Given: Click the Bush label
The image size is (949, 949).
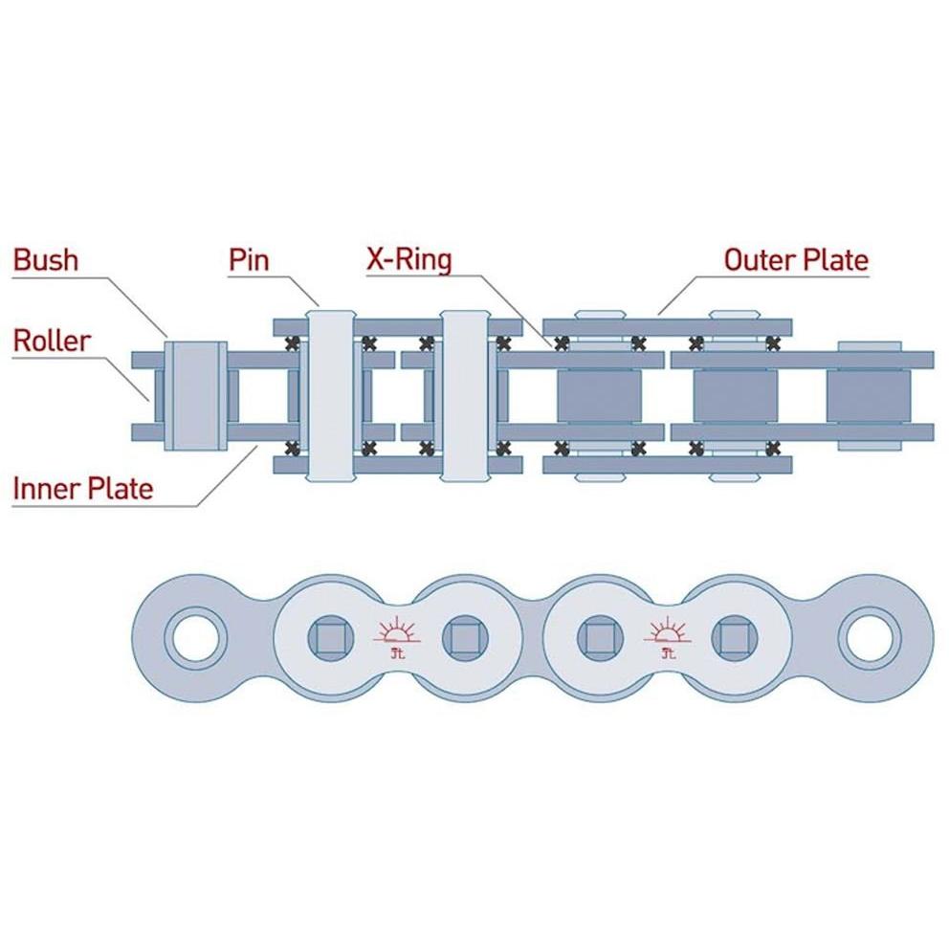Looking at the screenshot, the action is coord(46,259).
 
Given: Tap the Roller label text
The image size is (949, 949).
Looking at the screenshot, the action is coord(52,341).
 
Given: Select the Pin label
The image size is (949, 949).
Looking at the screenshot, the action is coord(249,260).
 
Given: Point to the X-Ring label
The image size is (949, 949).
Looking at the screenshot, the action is coord(409,259).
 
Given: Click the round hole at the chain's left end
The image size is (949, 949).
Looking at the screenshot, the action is coord(195,638).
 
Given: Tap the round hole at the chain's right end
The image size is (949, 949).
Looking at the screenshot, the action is coord(869,638).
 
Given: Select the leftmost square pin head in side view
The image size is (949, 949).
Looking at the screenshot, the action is coord(330,638).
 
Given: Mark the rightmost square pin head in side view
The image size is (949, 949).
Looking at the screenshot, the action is coord(734,638).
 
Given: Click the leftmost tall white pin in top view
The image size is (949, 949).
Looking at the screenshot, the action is coord(331,396).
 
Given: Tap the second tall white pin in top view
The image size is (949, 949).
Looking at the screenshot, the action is coord(465,396).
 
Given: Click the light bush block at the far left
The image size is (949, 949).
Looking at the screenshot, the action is coord(196,396).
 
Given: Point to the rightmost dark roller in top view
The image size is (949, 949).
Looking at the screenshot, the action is coord(869,396).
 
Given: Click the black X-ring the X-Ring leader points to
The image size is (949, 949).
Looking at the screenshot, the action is coord(562,343).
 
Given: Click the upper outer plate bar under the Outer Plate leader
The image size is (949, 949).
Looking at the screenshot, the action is coord(667,327).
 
